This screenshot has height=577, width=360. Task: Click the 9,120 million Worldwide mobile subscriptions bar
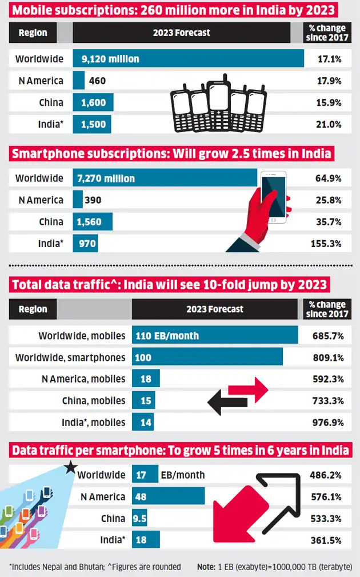(189, 59)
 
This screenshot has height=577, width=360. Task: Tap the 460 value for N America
(98, 81)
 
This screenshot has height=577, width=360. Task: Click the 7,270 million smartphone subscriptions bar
(165, 178)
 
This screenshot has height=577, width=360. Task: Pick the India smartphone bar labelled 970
(85, 244)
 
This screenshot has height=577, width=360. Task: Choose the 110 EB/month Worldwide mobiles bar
(215, 336)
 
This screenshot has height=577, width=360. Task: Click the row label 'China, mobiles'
(94, 401)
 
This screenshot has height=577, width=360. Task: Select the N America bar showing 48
(169, 496)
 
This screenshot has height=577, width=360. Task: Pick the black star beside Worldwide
(71, 468)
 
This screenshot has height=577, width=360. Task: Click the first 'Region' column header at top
(33, 33)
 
